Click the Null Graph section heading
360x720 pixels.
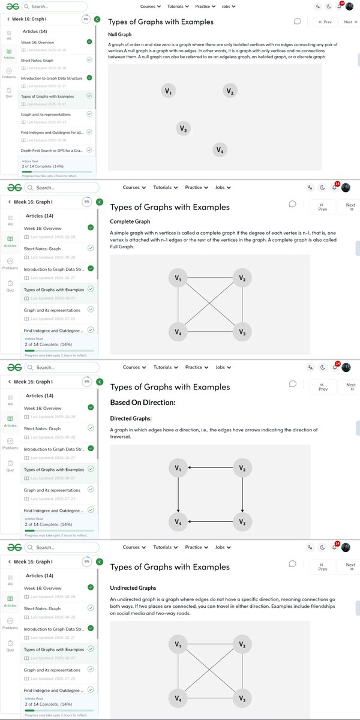tap(121, 35)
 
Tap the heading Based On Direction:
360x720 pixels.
tap(143, 402)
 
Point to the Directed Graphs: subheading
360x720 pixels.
tap(131, 418)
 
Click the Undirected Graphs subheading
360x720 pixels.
tap(133, 588)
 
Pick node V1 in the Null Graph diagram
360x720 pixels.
tap(169, 91)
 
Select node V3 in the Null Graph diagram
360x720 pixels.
tap(184, 128)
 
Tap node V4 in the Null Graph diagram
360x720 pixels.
tap(220, 150)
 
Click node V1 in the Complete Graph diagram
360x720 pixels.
tap(178, 278)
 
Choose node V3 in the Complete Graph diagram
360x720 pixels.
tap(242, 332)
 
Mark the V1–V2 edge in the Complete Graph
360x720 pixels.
tap(210, 278)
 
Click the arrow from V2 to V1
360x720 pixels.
tap(210, 468)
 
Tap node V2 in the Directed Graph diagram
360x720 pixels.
tap(242, 468)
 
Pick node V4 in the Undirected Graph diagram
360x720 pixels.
tap(178, 698)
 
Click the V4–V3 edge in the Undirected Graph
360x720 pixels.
tap(210, 698)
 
